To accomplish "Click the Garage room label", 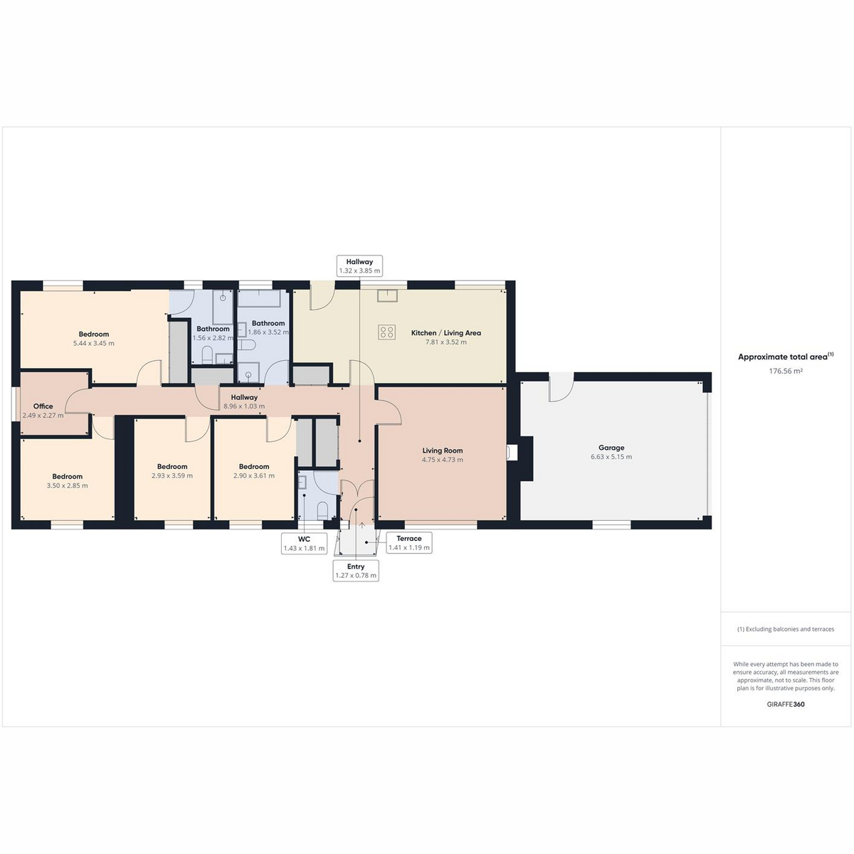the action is click(611, 448).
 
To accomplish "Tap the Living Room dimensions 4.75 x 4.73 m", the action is click(442, 460).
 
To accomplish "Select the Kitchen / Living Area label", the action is click(446, 333).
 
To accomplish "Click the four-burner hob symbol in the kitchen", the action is click(387, 332).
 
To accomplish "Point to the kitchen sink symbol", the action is click(387, 295).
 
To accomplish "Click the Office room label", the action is click(43, 406).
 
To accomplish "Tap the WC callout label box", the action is click(304, 544).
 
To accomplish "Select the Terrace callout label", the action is click(409, 543).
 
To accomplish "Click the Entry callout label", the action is click(356, 571).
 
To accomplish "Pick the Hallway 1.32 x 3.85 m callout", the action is click(359, 266).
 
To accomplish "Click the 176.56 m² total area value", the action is click(786, 371).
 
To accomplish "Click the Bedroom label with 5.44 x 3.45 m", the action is click(94, 334).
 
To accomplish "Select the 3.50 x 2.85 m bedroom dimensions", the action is click(68, 485).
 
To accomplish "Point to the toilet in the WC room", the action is click(322, 510).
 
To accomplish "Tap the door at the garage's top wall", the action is click(562, 387).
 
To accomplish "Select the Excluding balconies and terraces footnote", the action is click(786, 629).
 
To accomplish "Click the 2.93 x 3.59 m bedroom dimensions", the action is click(172, 475).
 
